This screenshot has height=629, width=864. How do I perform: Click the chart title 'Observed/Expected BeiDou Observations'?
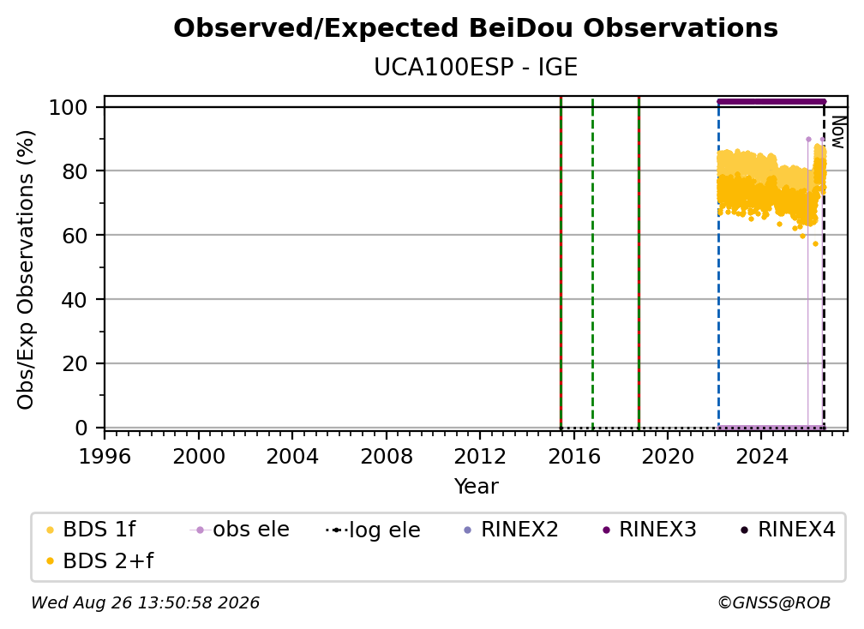[476, 28]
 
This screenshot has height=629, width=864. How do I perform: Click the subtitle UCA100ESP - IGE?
[476, 68]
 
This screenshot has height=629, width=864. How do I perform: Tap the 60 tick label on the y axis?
[75, 236]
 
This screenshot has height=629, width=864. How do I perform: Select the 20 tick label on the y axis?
[75, 364]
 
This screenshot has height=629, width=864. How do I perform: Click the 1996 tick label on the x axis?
[105, 457]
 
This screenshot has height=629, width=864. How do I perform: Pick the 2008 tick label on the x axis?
[387, 457]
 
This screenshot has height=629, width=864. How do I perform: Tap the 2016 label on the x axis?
[574, 457]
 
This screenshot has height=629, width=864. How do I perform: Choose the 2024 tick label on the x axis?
[761, 457]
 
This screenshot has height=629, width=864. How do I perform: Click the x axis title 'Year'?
[476, 487]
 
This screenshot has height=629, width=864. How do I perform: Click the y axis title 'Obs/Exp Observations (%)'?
[26, 270]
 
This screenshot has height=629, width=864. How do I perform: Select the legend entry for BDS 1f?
[92, 530]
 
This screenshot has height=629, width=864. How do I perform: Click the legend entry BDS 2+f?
[99, 561]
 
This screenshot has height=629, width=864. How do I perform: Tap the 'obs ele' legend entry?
[240, 530]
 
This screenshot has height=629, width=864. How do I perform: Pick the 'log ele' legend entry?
[373, 530]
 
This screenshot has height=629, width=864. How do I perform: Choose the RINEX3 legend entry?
[650, 530]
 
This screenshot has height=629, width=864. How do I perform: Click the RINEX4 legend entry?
[788, 530]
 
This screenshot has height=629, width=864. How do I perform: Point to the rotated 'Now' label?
[837, 132]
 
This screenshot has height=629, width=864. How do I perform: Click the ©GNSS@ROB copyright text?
[774, 603]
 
